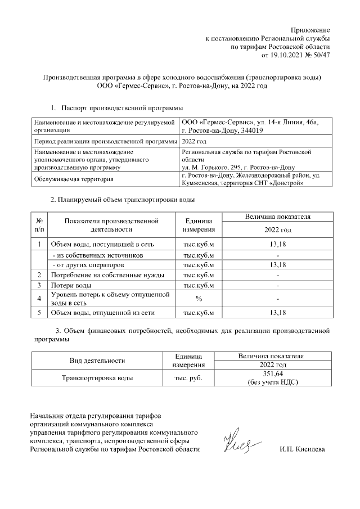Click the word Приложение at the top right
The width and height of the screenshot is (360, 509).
[310, 29]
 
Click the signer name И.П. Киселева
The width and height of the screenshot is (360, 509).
[302, 449]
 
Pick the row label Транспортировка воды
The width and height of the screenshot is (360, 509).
[97, 378]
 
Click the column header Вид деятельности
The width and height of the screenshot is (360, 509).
[97, 361]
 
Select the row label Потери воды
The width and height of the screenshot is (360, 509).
[71, 286]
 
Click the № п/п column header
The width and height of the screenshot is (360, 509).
[39, 225]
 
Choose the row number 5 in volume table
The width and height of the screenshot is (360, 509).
[39, 312]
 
